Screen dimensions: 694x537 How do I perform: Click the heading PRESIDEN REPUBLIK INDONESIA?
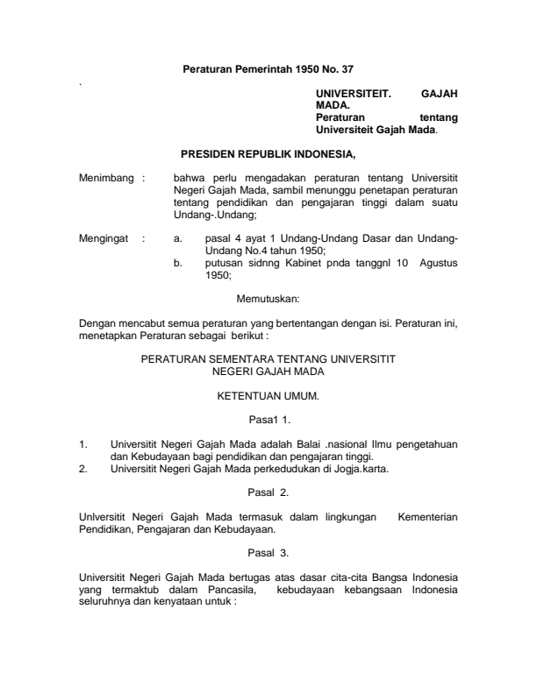[x=268, y=157]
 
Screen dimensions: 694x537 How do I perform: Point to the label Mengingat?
[x=104, y=237]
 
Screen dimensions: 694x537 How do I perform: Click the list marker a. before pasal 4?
[x=178, y=237]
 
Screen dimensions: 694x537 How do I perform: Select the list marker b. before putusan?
[x=178, y=262]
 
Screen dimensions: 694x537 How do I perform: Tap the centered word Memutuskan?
[x=268, y=300]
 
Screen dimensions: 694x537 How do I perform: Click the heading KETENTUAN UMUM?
[x=268, y=397]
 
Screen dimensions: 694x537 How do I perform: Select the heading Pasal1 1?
[x=268, y=421]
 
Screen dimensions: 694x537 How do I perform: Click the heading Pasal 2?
[x=268, y=493]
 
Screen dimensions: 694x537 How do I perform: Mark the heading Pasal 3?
[x=268, y=553]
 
